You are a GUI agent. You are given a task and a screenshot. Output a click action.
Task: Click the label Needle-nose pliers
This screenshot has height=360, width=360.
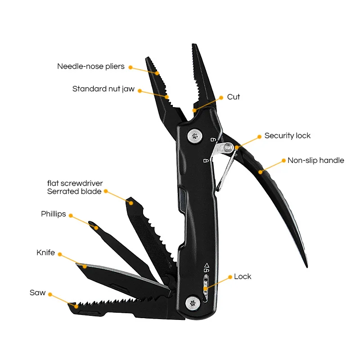(91, 66)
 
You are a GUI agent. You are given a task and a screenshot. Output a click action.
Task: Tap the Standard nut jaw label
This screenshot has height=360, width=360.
(103, 89)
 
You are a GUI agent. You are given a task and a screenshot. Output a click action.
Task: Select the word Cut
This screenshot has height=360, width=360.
(233, 97)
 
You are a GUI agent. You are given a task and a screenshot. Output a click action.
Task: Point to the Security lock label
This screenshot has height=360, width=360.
(287, 136)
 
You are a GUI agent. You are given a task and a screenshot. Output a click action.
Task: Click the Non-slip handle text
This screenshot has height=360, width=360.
(316, 160)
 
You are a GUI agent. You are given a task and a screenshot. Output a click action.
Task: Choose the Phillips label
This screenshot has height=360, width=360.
(53, 214)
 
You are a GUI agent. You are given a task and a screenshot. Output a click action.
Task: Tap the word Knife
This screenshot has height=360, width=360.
(46, 252)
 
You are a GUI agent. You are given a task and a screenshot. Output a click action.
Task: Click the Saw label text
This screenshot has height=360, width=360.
(37, 292)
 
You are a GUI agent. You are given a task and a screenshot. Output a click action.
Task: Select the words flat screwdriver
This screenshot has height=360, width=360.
(75, 183)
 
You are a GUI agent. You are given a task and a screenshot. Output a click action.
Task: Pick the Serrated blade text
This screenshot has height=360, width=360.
(74, 191)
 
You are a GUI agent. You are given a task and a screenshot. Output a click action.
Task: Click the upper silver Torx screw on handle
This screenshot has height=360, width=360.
(195, 136)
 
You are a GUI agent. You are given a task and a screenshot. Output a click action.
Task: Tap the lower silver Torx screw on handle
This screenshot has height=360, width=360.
(193, 303)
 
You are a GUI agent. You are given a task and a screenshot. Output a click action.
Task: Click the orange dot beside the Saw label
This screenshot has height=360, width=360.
(50, 295)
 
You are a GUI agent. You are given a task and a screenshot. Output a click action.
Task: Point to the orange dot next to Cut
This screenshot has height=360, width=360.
(221, 98)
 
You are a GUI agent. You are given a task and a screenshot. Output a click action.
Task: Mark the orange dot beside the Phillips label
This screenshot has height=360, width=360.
(71, 216)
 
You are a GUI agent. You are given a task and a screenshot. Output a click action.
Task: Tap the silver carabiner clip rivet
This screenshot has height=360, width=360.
(228, 147)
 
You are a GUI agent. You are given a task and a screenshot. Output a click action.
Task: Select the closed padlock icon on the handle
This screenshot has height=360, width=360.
(206, 161)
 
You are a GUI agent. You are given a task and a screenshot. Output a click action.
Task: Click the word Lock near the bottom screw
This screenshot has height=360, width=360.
(243, 276)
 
